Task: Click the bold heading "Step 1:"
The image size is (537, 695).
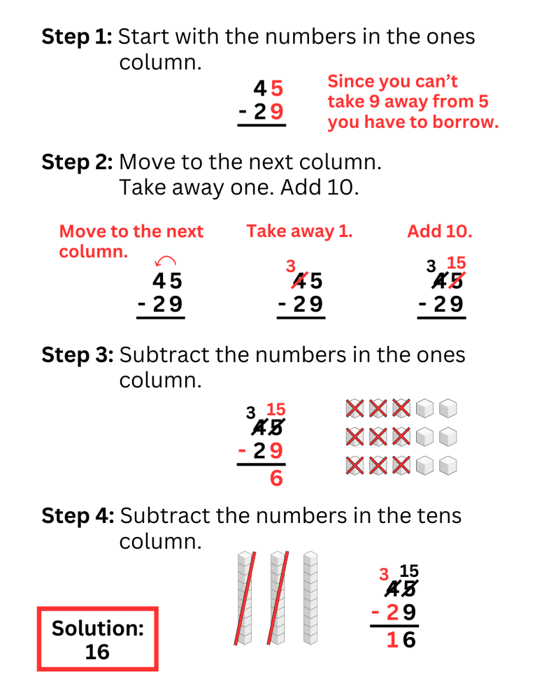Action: tap(76, 37)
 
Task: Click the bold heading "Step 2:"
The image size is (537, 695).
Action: tap(77, 162)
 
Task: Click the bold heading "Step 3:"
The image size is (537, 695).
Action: tap(77, 355)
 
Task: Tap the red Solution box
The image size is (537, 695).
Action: tap(98, 639)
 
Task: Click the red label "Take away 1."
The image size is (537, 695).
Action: tap(299, 231)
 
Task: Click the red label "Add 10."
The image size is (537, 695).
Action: tap(439, 231)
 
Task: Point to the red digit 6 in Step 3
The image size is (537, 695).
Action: tap(276, 479)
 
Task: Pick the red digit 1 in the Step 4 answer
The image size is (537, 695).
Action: tap(392, 640)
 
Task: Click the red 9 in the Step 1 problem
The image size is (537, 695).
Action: tap(278, 112)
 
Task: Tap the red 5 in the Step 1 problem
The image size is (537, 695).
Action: tap(278, 89)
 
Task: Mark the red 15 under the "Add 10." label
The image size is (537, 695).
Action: tap(456, 263)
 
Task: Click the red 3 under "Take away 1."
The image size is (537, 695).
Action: tap(290, 266)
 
